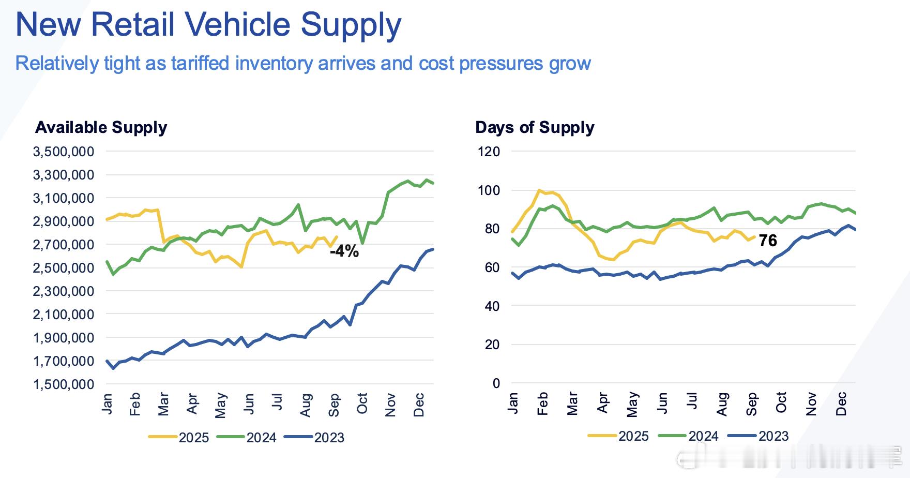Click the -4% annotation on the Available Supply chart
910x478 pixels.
(344, 251)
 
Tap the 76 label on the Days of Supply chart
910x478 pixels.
(768, 241)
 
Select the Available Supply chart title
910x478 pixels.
(101, 127)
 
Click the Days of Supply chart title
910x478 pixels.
(535, 127)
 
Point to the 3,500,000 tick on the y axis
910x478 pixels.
(64, 152)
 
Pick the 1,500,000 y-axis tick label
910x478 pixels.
(64, 384)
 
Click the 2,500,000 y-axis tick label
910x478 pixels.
(64, 268)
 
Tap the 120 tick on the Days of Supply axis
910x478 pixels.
(489, 152)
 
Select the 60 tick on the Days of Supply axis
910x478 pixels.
(493, 267)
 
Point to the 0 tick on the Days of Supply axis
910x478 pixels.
(496, 383)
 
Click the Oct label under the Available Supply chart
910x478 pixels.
(362, 404)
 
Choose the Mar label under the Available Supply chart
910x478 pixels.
(163, 404)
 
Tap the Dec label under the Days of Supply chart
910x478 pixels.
(841, 404)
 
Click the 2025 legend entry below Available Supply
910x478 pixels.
(193, 438)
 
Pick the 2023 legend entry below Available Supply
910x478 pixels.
(329, 438)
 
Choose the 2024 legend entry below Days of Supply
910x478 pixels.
(703, 436)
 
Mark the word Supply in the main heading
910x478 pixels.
(351, 24)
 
